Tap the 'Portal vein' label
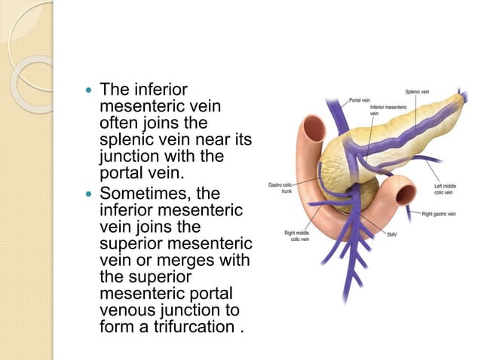pos(359,99)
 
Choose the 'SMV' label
pos(391,235)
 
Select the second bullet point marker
pos(90,192)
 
